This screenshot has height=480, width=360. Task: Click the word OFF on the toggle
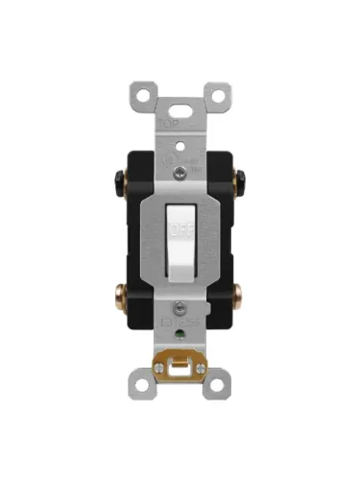(x=180, y=230)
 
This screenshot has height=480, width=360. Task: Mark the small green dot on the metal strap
(x=180, y=333)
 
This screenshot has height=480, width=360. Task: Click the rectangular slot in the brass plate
(x=180, y=368)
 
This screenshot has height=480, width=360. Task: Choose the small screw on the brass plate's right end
(x=201, y=367)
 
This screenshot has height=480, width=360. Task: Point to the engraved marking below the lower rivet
(x=179, y=321)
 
